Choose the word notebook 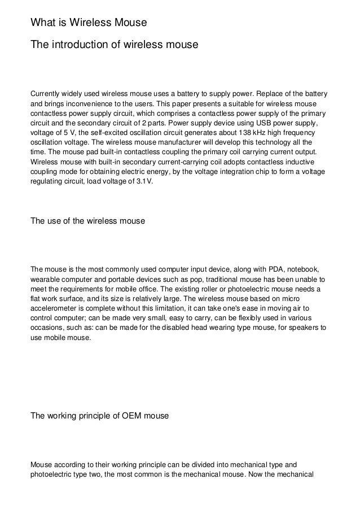pyautogui.click(x=304, y=269)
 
